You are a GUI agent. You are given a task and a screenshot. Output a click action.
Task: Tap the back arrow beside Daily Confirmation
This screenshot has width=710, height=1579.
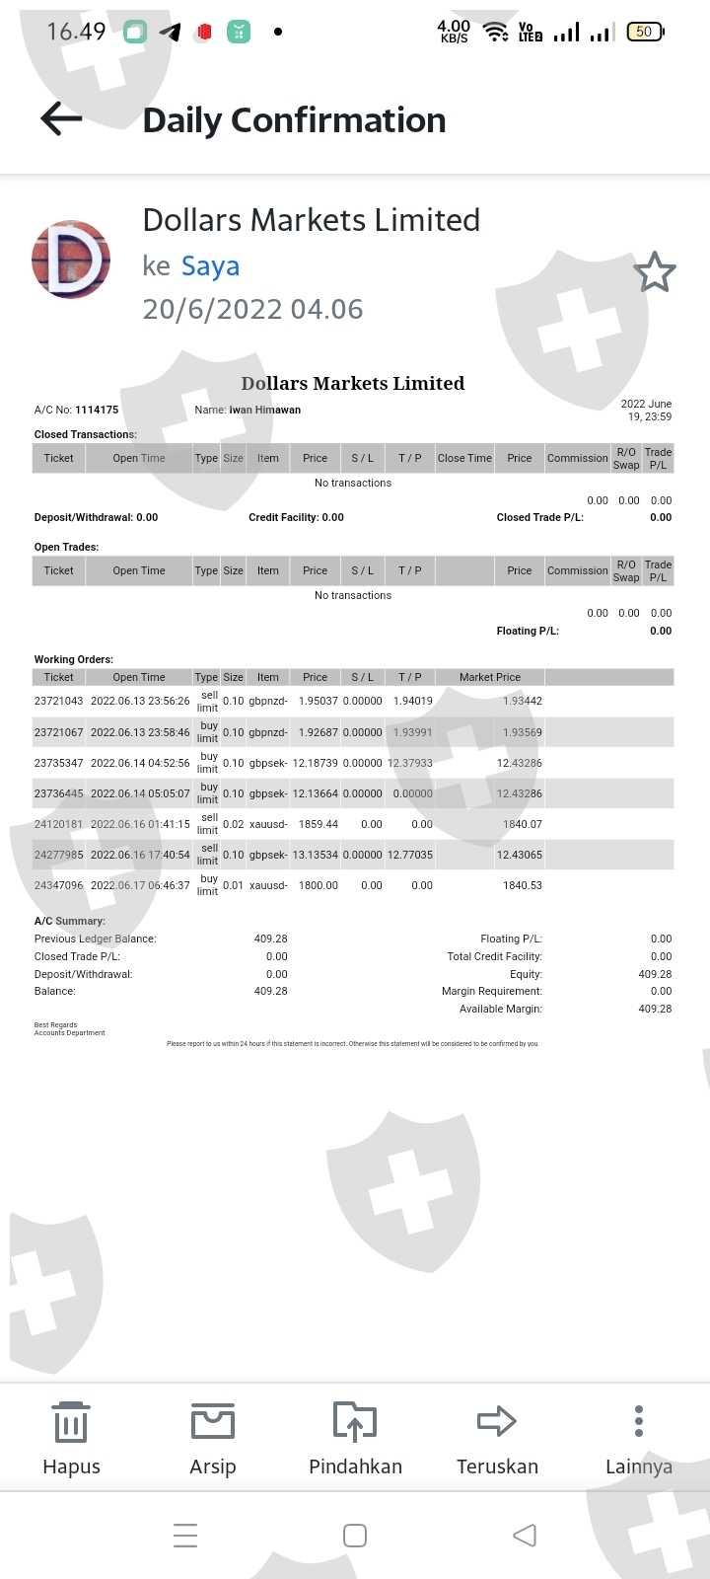coord(61,119)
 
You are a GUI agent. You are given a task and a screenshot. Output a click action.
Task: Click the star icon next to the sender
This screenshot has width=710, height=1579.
coord(654,272)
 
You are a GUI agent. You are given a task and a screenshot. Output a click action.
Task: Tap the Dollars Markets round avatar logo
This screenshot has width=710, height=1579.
coord(71,260)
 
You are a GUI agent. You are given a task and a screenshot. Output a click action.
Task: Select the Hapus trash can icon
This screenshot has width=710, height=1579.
coord(71,1422)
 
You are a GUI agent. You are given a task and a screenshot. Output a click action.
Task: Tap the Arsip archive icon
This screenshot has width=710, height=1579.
coord(213,1422)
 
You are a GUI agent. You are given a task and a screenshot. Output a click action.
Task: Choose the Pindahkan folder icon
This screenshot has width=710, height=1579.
coord(355,1422)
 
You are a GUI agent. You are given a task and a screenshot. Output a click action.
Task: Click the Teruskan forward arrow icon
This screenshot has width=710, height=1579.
coord(497,1421)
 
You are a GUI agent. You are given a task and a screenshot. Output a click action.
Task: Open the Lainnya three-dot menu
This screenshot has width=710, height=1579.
coord(639,1421)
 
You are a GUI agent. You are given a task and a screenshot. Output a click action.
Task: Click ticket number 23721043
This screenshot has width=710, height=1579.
coord(58,701)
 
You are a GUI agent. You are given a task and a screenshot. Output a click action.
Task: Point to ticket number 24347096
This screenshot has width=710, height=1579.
coord(58,885)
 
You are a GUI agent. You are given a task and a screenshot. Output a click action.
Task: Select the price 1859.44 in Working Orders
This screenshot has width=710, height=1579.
coord(319,824)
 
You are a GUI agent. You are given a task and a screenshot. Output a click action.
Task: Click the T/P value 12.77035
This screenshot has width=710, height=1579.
coord(410,855)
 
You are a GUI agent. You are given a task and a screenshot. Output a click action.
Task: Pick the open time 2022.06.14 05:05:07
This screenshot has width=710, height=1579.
coord(140,793)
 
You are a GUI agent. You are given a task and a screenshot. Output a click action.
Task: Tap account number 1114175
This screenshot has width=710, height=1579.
coord(97,410)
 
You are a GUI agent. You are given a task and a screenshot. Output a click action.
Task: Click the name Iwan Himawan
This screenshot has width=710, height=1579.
coord(265,410)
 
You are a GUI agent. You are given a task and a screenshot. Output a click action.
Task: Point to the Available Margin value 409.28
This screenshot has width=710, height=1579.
coord(655,1009)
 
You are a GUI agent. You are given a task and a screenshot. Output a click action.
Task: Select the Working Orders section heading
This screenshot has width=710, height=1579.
coord(74,659)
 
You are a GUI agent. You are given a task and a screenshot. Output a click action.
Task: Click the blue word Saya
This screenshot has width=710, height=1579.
coord(210,265)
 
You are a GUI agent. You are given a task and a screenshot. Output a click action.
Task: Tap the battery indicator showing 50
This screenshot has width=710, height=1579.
coord(645,32)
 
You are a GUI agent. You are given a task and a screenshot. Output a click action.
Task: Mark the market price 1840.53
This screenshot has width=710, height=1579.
coord(523,885)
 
